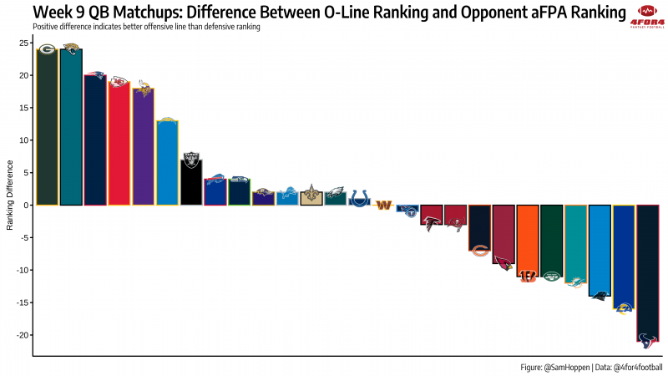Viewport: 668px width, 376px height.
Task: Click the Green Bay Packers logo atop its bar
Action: tap(47, 49)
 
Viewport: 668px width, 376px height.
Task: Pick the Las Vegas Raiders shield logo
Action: tap(191, 156)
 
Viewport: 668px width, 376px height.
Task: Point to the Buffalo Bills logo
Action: tap(215, 179)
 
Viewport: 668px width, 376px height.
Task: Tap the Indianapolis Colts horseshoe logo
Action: tap(359, 198)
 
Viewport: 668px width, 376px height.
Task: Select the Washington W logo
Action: tap(383, 205)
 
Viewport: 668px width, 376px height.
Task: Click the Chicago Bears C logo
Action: tap(479, 250)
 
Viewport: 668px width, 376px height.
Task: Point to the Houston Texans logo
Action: tap(647, 340)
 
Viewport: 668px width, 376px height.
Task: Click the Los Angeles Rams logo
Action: tap(624, 307)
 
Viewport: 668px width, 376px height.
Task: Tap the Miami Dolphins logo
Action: tap(575, 282)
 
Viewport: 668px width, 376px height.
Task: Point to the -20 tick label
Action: tap(21, 334)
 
